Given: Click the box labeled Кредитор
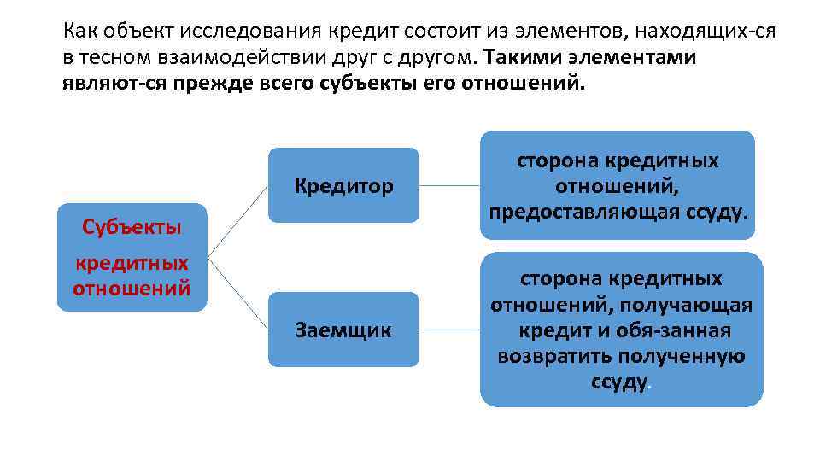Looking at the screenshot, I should pos(343,185).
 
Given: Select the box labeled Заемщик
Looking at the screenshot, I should pos(343,330).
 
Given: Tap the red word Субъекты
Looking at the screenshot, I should pos(132,226).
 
